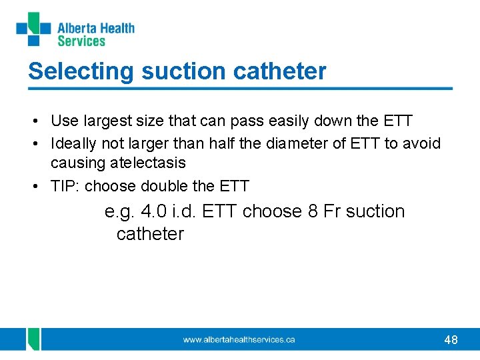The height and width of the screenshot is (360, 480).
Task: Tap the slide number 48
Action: coord(451,340)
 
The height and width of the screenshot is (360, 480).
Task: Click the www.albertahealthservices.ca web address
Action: coord(239,340)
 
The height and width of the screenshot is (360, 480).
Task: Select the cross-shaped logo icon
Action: coord(33,29)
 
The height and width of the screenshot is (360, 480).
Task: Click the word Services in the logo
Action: coord(81,41)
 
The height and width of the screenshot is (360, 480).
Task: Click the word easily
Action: coord(277,121)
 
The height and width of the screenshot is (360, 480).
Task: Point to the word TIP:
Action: coord(66,186)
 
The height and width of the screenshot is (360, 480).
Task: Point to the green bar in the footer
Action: coord(33,339)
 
